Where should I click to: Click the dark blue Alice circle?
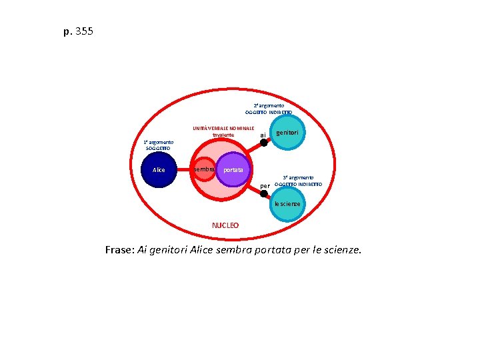pyautogui.click(x=159, y=170)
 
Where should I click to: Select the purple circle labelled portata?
pyautogui.click(x=233, y=171)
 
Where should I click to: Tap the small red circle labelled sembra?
pyautogui.click(x=204, y=171)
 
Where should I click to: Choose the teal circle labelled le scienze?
pyautogui.click(x=287, y=203)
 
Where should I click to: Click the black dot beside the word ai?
pyautogui.click(x=264, y=142)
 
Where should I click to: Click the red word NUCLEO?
pyautogui.click(x=225, y=225)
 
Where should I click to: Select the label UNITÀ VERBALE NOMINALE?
pyautogui.click(x=223, y=128)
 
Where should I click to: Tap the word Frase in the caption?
pyautogui.click(x=119, y=250)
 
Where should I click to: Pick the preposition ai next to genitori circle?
pyautogui.click(x=263, y=135)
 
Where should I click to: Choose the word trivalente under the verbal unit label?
pyautogui.click(x=223, y=135)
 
